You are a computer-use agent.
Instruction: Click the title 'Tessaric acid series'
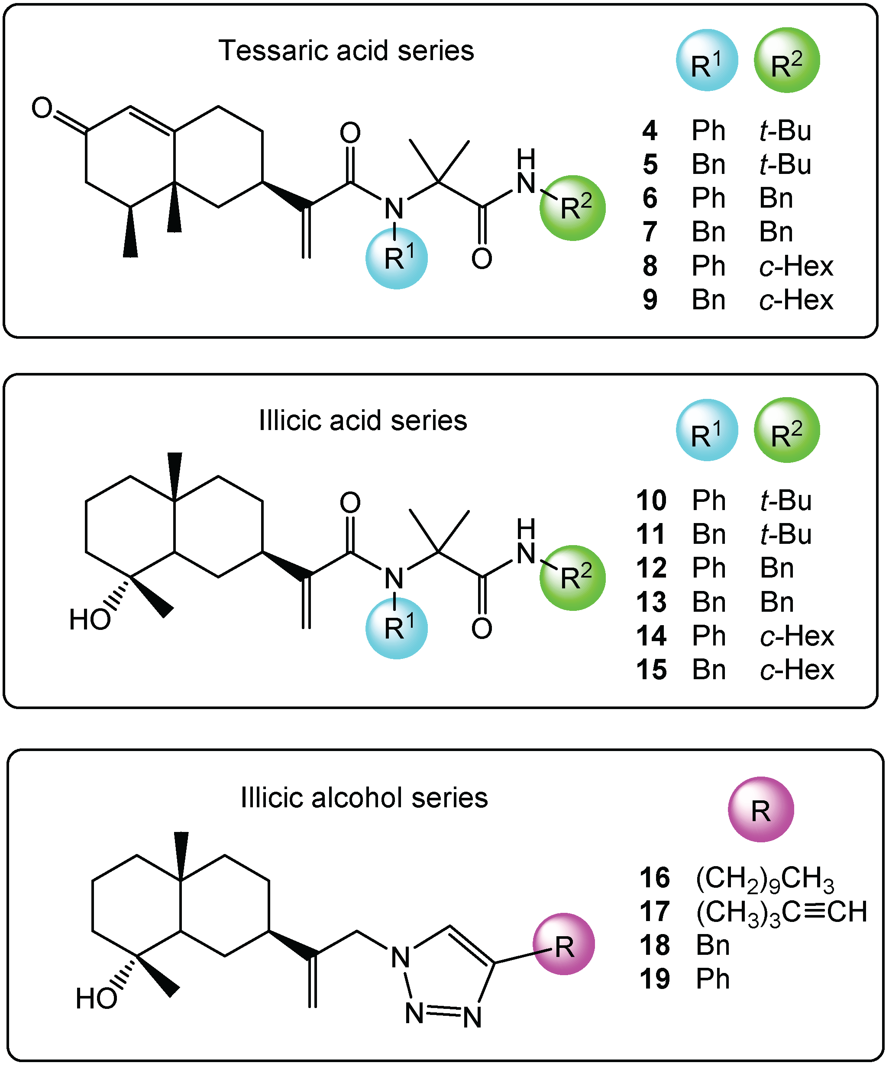[x=346, y=51]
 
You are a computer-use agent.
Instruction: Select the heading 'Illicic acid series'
[x=363, y=421]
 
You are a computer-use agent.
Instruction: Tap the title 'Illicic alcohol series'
[x=364, y=797]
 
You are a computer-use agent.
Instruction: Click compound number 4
[x=650, y=131]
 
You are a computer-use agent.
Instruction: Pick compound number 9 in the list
[x=650, y=300]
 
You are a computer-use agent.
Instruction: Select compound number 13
[x=651, y=603]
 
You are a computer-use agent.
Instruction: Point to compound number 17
[x=655, y=911]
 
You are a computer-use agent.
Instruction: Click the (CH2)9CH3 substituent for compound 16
[x=765, y=879]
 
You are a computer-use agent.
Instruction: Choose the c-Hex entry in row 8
[x=796, y=266]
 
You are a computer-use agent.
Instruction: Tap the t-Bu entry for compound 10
[x=786, y=501]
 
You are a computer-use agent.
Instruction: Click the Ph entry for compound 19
[x=713, y=979]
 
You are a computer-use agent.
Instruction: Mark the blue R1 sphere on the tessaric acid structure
[x=397, y=258]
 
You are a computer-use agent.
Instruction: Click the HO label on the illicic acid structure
[x=90, y=620]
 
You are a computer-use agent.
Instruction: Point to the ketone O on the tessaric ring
[x=42, y=108]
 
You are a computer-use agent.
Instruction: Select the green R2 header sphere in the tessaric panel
[x=786, y=61]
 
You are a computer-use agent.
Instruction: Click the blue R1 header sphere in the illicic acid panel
[x=707, y=430]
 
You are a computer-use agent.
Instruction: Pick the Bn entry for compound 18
[x=713, y=945]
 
